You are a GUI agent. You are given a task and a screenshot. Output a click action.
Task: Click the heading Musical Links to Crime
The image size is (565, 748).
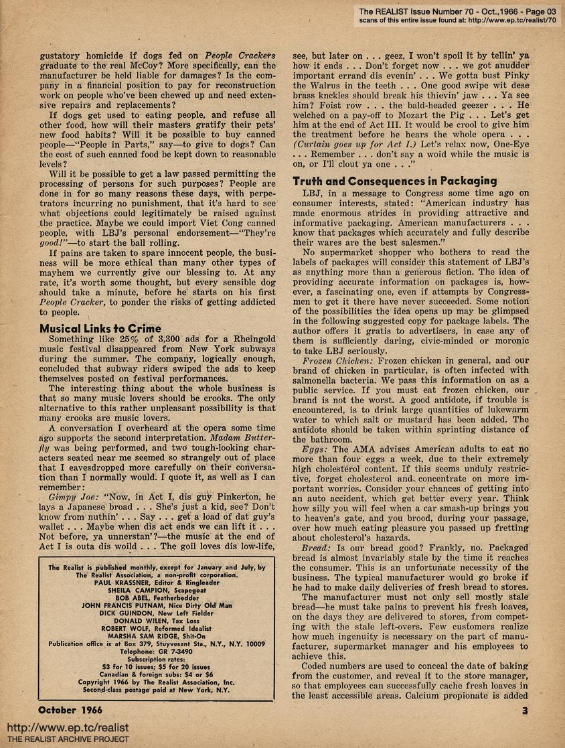point(100,328)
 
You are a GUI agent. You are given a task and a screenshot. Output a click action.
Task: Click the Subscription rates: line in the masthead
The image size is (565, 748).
point(154,658)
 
